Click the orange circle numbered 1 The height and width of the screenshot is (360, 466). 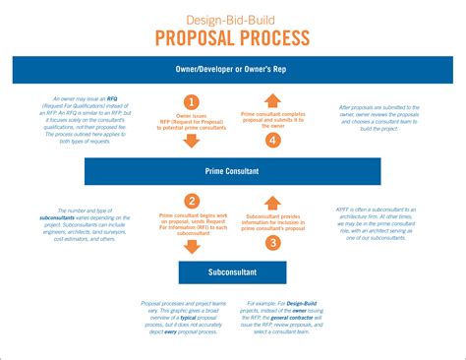[x=193, y=102]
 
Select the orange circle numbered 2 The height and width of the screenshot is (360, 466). [x=193, y=201]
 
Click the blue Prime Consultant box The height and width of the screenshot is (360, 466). [x=233, y=170]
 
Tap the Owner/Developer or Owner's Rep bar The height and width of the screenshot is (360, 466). [x=233, y=70]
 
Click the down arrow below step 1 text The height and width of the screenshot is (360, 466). [x=193, y=141]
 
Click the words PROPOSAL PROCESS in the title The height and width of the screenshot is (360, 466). [x=233, y=38]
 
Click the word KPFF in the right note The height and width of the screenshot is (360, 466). [x=344, y=210]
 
